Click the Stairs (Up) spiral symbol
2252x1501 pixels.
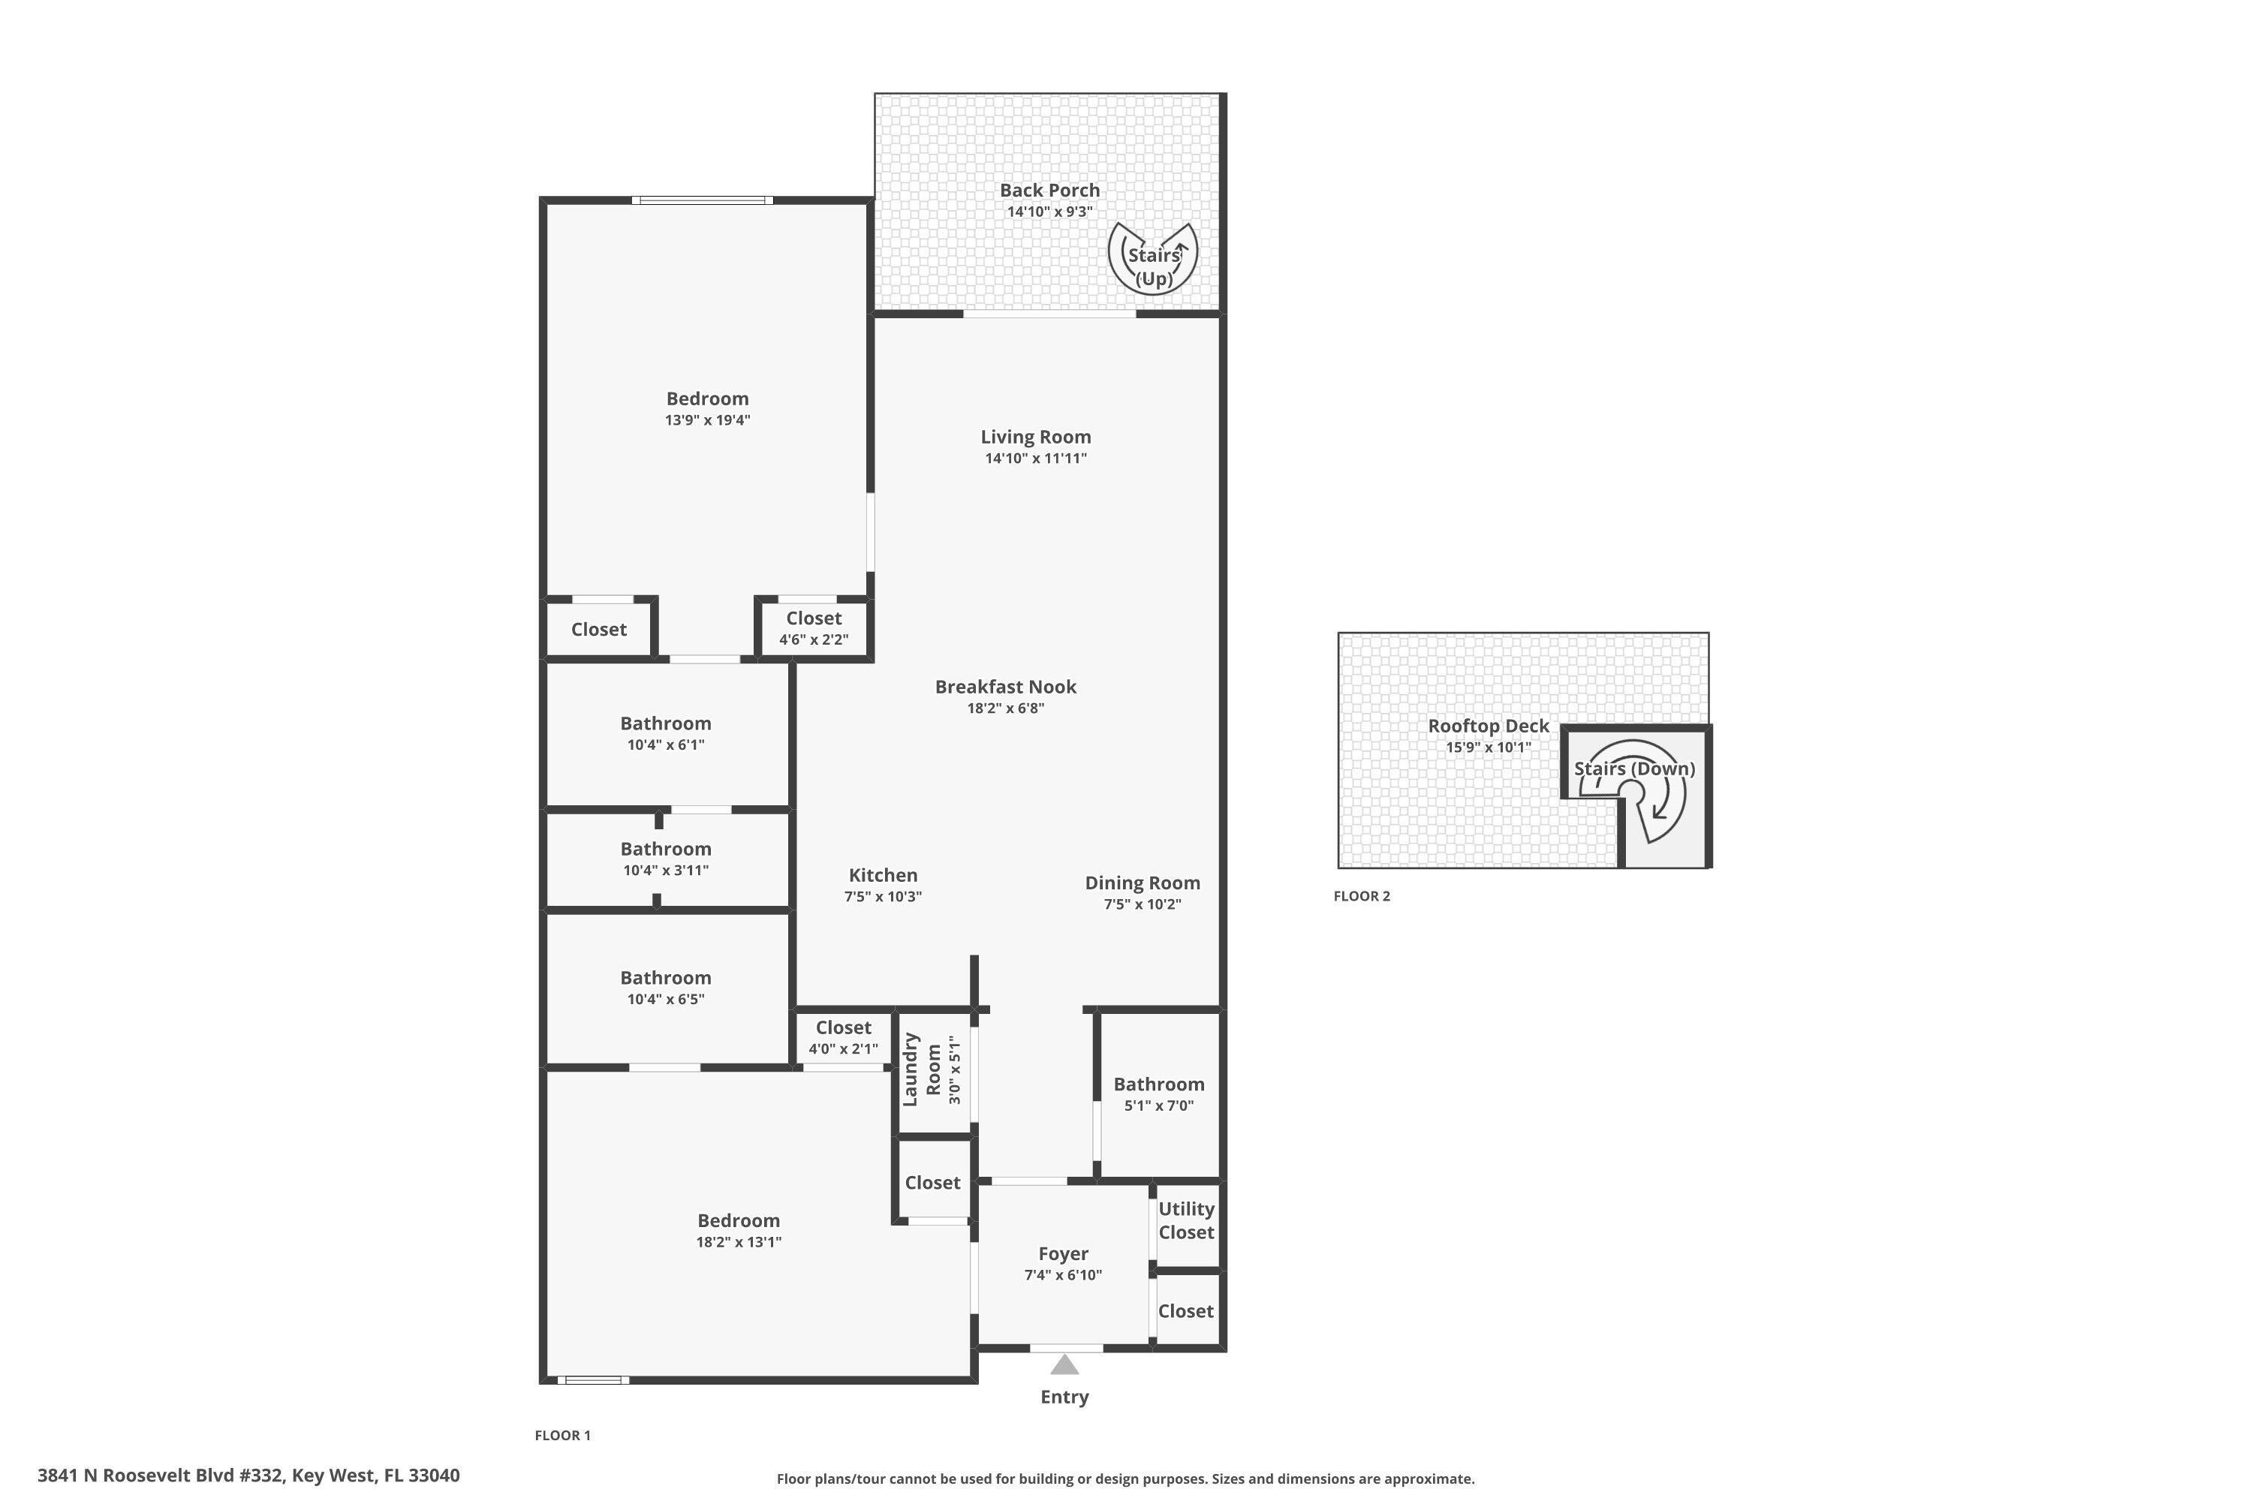pyautogui.click(x=1153, y=258)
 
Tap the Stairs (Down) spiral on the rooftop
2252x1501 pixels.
pyautogui.click(x=1633, y=792)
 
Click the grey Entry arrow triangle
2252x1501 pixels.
pyautogui.click(x=1064, y=1364)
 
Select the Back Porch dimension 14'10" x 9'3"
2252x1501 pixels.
pyautogui.click(x=1049, y=212)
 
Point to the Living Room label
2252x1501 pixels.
pyautogui.click(x=1035, y=437)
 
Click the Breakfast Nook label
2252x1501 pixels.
pyautogui.click(x=1005, y=687)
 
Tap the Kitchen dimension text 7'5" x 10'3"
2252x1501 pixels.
pyautogui.click(x=883, y=897)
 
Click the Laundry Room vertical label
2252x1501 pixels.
pyautogui.click(x=921, y=1069)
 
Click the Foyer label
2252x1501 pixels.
pyautogui.click(x=1063, y=1253)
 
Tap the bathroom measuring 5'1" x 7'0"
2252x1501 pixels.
pyautogui.click(x=1158, y=1094)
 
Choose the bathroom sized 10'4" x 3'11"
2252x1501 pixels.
pyautogui.click(x=665, y=859)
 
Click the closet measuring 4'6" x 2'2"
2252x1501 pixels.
pyautogui.click(x=813, y=629)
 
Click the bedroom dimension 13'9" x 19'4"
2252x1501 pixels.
pyautogui.click(x=708, y=420)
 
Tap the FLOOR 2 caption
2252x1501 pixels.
pyautogui.click(x=1362, y=896)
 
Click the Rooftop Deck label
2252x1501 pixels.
pyautogui.click(x=1488, y=726)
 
